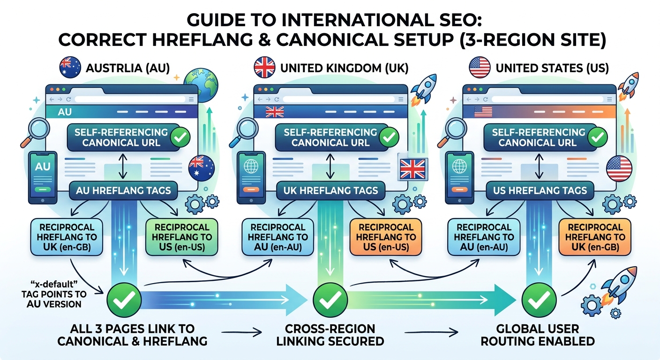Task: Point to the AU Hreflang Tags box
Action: click(123, 191)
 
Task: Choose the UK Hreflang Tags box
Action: click(331, 191)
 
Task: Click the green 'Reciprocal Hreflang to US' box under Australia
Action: click(182, 237)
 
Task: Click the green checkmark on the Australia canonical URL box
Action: click(180, 137)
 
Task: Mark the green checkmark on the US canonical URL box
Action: click(598, 137)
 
